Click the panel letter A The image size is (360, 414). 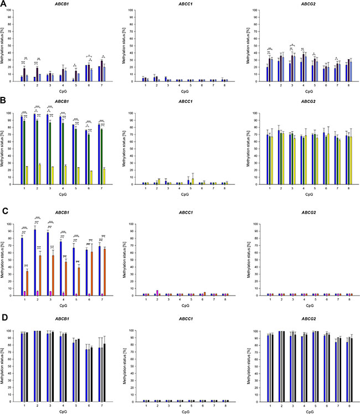[x=4, y=4]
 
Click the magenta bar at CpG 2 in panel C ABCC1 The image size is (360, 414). [x=158, y=293]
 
